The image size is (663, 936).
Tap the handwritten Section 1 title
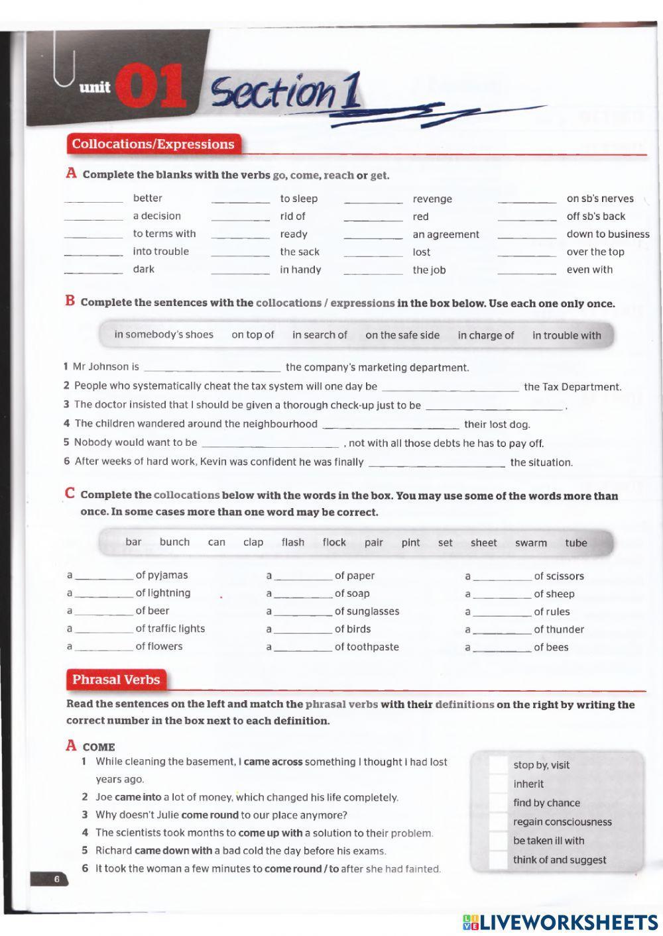[x=285, y=93]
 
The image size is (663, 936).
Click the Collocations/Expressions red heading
[x=153, y=144]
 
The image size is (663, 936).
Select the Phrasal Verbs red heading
[x=116, y=680]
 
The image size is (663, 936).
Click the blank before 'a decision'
[x=93, y=217]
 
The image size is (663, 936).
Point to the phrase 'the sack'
[x=300, y=252]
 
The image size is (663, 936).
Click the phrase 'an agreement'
[x=446, y=234]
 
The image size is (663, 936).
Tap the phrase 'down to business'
[x=607, y=234]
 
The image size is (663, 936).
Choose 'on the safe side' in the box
[x=402, y=335]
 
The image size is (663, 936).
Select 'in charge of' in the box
[x=485, y=335]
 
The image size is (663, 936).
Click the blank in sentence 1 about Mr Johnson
[x=212, y=368]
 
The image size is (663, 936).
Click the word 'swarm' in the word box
[x=530, y=543]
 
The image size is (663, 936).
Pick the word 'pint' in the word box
[x=410, y=543]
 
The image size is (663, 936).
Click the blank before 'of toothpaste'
[x=302, y=649]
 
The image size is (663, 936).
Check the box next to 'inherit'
[x=498, y=784]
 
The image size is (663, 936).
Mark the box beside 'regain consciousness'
[x=498, y=822]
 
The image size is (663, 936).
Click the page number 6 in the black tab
[x=56, y=879]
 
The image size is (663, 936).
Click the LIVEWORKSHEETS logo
[x=560, y=922]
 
